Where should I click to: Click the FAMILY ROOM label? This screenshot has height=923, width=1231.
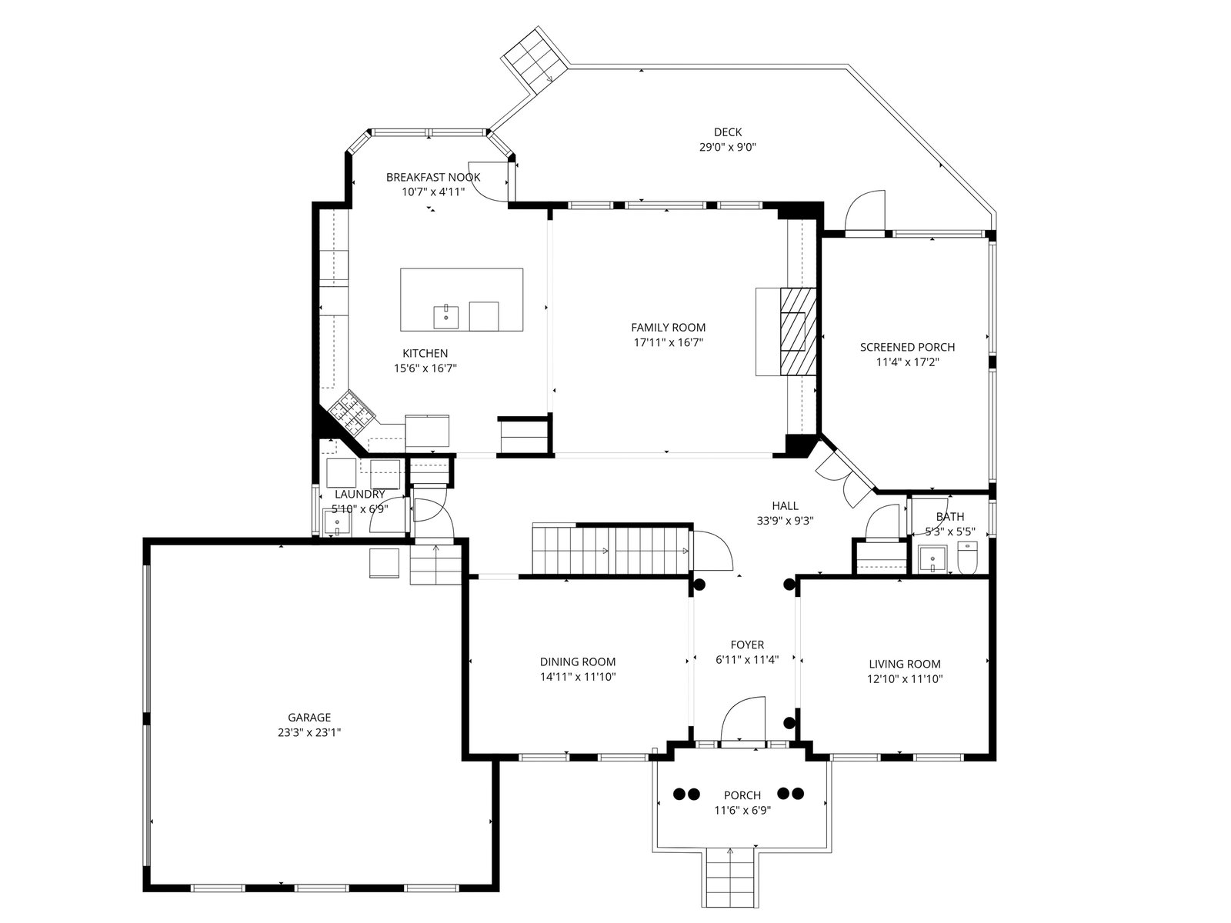click(x=668, y=328)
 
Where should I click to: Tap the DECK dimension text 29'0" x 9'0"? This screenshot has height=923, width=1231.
click(x=727, y=148)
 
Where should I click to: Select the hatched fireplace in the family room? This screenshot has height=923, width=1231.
click(x=798, y=332)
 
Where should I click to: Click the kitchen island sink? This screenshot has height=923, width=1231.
click(x=445, y=317)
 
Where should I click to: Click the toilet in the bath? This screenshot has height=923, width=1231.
click(x=967, y=557)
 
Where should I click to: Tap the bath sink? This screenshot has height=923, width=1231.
click(x=932, y=559)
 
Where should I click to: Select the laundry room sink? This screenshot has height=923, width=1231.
click(x=337, y=522)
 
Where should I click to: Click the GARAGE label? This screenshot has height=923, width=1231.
click(x=309, y=718)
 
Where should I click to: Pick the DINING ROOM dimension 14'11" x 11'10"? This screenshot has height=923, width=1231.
click(x=578, y=676)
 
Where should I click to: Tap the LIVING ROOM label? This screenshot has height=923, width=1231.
click(x=905, y=664)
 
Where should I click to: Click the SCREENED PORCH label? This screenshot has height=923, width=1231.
click(x=907, y=347)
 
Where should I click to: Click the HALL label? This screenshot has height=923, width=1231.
click(x=785, y=505)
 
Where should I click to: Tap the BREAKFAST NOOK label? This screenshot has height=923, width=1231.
click(x=433, y=177)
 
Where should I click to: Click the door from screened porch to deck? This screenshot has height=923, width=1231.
click(x=866, y=212)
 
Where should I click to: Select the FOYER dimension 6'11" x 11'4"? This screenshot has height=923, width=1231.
click(x=747, y=660)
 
